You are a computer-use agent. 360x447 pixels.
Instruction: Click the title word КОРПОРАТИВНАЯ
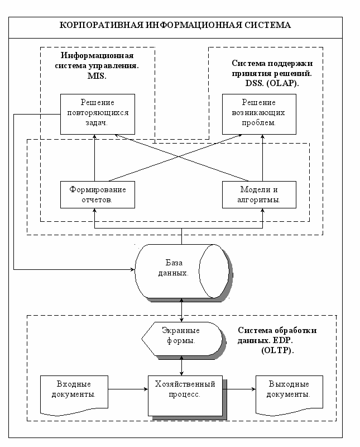(102, 25)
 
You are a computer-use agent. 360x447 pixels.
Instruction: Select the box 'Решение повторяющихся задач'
(98, 114)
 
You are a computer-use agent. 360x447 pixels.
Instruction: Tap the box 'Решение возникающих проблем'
(259, 114)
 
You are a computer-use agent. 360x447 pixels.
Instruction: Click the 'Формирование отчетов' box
(98, 194)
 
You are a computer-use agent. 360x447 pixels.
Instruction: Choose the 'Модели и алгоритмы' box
(259, 194)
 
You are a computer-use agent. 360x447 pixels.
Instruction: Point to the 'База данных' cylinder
(183, 271)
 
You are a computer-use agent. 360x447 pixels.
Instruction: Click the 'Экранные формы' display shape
(182, 339)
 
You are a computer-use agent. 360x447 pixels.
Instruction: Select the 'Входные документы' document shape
(74, 395)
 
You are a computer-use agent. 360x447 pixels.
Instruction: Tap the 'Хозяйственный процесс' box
(185, 396)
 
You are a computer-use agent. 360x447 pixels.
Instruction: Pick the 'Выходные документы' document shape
(289, 395)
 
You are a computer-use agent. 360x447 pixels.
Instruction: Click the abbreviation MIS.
(97, 76)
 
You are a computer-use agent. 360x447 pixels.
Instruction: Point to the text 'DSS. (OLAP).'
(272, 83)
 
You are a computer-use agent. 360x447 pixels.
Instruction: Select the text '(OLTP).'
(278, 350)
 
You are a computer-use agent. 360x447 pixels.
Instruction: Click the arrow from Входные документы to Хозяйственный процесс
(128, 389)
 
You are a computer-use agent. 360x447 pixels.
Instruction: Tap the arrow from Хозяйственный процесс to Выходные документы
(239, 389)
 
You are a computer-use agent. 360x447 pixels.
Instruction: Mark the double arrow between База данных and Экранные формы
(182, 310)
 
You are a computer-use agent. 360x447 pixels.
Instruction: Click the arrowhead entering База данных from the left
(133, 269)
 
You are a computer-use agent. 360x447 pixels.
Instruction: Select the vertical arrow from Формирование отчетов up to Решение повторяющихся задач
(94, 158)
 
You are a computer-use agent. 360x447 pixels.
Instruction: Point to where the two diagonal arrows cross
(179, 156)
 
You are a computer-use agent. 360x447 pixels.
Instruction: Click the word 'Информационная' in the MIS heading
(97, 55)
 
